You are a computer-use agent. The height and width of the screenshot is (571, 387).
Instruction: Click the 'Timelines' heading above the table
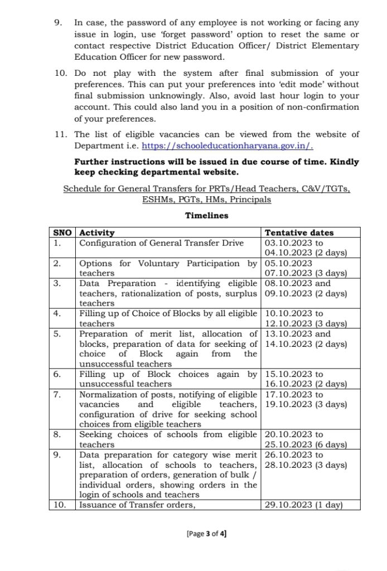pyautogui.click(x=206, y=216)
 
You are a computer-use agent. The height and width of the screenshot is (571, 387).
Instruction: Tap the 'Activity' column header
pyautogui.click(x=97, y=233)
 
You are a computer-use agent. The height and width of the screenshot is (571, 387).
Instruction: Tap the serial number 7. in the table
pyautogui.click(x=58, y=395)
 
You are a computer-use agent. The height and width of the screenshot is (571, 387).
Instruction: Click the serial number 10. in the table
pyautogui.click(x=60, y=505)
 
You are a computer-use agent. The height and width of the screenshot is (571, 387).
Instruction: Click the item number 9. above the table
pyautogui.click(x=57, y=23)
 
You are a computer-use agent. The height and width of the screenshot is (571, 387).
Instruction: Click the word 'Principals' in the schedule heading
pyautogui.click(x=253, y=200)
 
